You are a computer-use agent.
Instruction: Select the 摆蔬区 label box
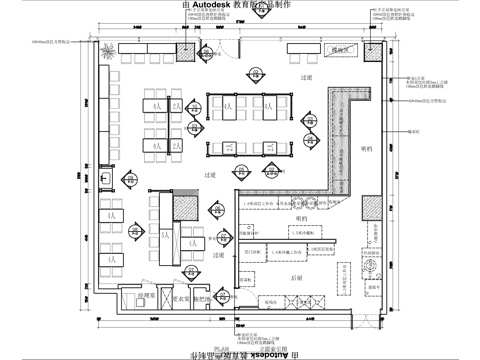(x=343, y=48)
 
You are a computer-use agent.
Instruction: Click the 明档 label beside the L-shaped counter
(x=366, y=150)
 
